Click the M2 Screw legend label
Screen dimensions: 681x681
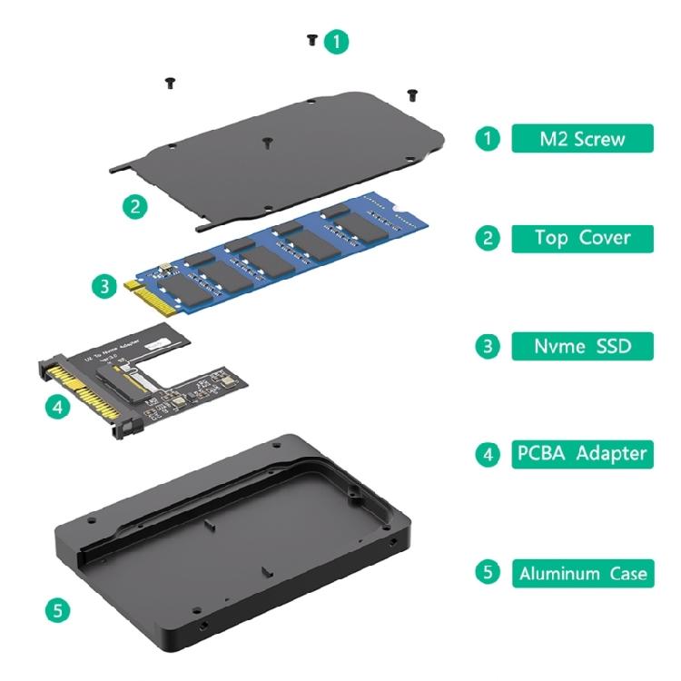tap(581, 139)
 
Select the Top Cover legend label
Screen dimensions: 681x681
tap(581, 239)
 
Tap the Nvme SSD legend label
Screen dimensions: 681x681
tap(581, 346)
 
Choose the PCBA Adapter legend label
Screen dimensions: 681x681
tap(581, 453)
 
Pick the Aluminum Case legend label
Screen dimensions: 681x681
tap(581, 573)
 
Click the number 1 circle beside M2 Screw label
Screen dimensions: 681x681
tap(488, 139)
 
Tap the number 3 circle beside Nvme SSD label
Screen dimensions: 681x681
tap(488, 346)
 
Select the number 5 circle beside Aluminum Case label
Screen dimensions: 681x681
tap(488, 573)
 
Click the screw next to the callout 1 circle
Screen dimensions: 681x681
tap(312, 40)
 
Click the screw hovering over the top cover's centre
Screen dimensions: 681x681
tap(267, 142)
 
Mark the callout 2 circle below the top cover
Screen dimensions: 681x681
tap(134, 205)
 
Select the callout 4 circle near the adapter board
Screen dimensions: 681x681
tap(57, 407)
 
